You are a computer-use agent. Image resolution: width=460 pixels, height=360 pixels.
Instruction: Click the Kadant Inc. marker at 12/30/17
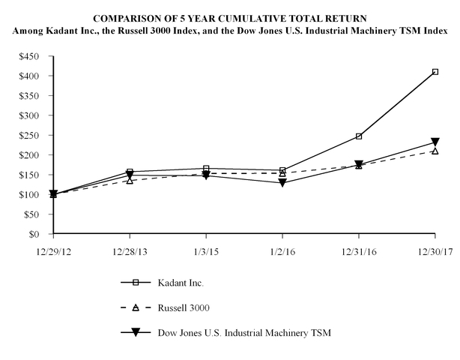click(435, 72)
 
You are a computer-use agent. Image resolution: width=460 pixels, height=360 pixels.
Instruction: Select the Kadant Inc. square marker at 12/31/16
click(359, 136)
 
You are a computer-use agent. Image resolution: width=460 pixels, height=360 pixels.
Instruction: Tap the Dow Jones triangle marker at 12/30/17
click(435, 142)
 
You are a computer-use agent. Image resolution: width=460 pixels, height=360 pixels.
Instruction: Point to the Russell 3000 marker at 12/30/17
click(435, 151)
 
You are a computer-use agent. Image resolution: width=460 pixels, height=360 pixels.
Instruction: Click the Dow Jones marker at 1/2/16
click(282, 182)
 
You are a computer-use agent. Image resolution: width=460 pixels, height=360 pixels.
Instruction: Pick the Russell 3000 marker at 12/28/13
click(130, 180)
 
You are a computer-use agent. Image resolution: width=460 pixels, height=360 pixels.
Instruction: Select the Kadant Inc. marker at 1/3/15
click(206, 169)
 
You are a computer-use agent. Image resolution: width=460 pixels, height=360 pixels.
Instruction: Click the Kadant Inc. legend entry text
click(181, 283)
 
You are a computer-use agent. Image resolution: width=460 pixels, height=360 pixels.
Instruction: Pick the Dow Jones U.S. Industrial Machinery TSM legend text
click(243, 331)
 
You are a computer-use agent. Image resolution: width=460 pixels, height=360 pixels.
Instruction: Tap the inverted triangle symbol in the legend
click(136, 331)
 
